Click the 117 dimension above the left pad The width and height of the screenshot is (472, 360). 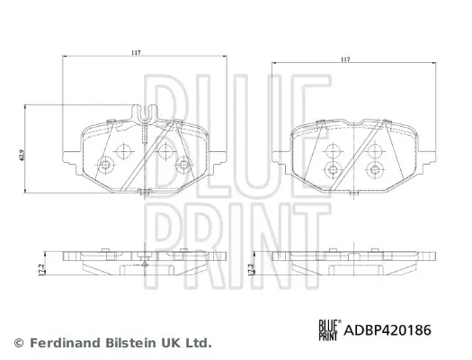click(135, 54)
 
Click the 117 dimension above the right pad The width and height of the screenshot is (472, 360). click(345, 60)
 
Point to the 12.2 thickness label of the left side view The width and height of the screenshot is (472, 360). click(32, 267)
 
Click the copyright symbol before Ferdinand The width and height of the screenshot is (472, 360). click(18, 343)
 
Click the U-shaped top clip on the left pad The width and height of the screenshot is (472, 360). click(142, 114)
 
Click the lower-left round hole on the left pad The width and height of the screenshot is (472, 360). click(105, 165)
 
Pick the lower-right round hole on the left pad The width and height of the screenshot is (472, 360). click(184, 164)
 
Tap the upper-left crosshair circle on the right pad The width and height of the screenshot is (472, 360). click(333, 150)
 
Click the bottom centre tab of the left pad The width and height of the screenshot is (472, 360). click(142, 191)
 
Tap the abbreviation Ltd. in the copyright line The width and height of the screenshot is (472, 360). click(199, 343)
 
